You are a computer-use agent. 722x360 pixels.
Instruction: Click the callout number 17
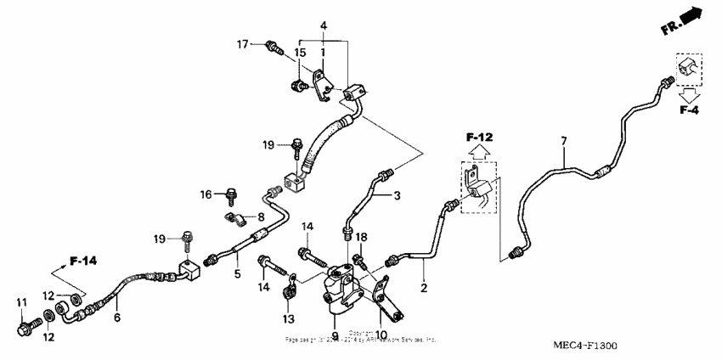242,44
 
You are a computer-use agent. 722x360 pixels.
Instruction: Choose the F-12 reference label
479,137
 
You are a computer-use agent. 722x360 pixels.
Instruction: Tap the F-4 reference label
688,110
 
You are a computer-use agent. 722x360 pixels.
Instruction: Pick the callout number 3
396,195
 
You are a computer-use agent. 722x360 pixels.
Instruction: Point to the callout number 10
381,335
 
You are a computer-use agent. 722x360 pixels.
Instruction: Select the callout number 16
206,194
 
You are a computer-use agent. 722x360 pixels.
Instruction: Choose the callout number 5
237,274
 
